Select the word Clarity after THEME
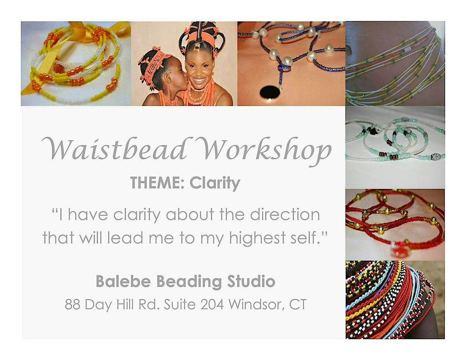(x=215, y=183)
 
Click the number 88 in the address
(x=73, y=304)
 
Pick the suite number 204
(x=212, y=304)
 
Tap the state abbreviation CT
(x=298, y=304)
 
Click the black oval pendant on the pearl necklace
(x=270, y=92)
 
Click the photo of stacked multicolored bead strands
(x=395, y=299)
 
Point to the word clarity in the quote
(x=132, y=215)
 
